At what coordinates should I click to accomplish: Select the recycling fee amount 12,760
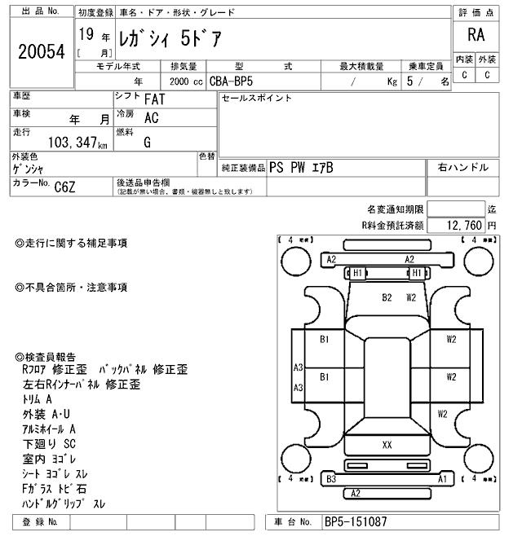464,224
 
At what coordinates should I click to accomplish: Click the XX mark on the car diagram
387,445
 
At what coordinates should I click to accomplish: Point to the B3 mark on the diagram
331,480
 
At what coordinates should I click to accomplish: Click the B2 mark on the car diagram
387,297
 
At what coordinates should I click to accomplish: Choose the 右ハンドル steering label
462,167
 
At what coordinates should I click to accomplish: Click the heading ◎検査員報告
46,357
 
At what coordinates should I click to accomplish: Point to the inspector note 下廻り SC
49,444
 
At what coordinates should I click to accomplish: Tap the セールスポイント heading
256,98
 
